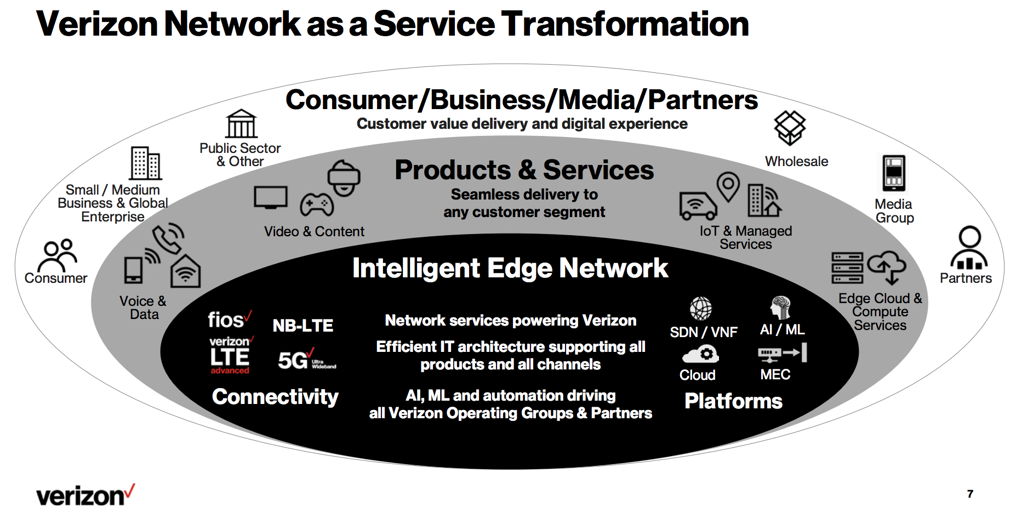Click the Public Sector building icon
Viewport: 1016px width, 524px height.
coord(241,124)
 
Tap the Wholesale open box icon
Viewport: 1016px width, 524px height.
coord(790,128)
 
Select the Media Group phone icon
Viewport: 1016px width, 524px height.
coord(894,173)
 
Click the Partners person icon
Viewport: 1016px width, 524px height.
coord(969,248)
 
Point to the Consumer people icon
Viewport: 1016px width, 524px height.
coord(59,255)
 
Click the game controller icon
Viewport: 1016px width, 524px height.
coord(317,204)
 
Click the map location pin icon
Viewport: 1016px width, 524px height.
coord(728,187)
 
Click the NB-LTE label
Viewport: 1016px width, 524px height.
coord(302,326)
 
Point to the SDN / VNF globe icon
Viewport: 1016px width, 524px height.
coord(701,308)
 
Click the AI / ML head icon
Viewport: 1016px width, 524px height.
coord(780,307)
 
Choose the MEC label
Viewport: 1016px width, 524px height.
coord(775,375)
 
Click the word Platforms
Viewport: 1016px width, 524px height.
coord(733,401)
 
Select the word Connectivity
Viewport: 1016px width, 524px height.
coord(275,397)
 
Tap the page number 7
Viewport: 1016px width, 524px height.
coord(970,494)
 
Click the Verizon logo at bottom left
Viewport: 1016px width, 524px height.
coord(85,495)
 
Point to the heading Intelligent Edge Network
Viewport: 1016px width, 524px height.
coord(510,268)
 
